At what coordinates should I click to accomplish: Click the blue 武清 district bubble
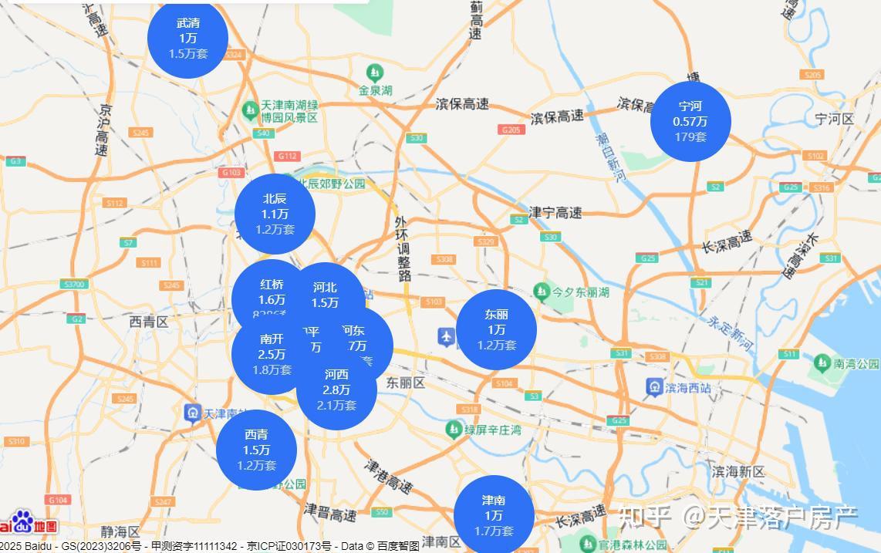(x=187, y=39)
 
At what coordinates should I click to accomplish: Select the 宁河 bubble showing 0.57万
(x=690, y=121)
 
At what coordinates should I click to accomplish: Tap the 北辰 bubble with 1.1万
(x=275, y=214)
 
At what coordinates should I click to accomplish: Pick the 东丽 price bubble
(x=496, y=329)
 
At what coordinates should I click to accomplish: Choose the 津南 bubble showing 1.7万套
(x=494, y=515)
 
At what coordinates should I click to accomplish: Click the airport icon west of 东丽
(x=447, y=337)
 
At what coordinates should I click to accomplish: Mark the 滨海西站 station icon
(x=654, y=387)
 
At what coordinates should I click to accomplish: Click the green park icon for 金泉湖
(x=375, y=73)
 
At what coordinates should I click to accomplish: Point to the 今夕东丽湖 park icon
(x=542, y=292)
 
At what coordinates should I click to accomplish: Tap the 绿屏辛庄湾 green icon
(x=454, y=429)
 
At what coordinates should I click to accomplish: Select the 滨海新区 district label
(x=738, y=471)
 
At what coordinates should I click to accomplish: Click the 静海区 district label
(x=120, y=531)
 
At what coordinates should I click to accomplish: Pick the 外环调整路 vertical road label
(x=401, y=248)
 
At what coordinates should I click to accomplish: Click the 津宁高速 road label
(x=555, y=212)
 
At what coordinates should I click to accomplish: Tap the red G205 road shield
(x=511, y=130)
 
